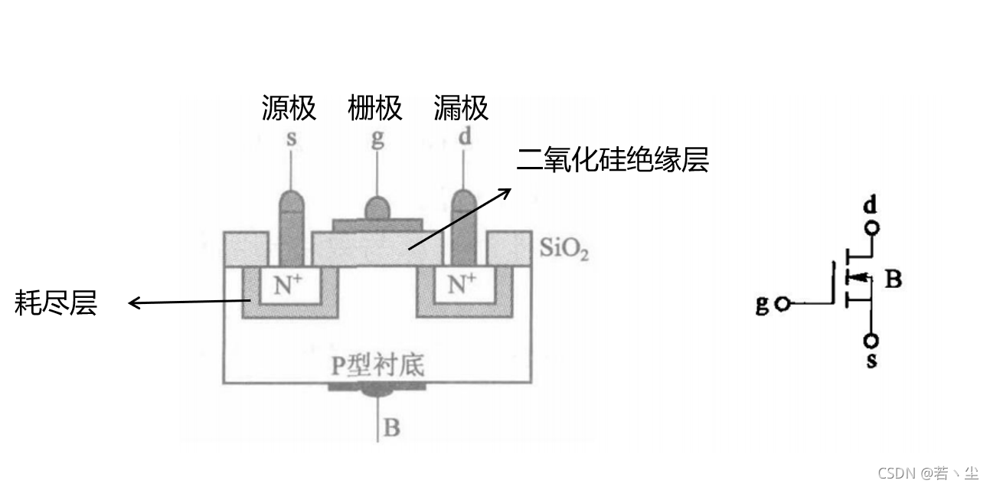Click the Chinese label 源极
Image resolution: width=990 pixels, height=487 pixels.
(289, 108)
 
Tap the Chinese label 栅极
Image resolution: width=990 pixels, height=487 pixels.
(374, 108)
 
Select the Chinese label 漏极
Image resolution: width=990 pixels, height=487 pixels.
(461, 108)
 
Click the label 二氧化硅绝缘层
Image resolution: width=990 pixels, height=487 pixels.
(613, 159)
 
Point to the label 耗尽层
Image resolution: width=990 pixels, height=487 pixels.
(56, 303)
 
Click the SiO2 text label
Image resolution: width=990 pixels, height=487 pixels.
(564, 249)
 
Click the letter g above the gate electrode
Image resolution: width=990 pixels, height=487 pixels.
(377, 140)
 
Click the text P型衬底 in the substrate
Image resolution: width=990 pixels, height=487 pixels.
(377, 365)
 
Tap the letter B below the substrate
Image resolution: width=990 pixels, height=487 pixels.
(391, 427)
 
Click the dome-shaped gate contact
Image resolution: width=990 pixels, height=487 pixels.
(377, 208)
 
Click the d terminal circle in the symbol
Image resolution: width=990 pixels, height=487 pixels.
(871, 227)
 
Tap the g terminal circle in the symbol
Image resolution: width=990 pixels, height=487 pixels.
(782, 304)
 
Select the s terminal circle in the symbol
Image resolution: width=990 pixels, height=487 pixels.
(871, 340)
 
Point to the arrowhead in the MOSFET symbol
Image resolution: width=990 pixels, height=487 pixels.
(858, 279)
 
